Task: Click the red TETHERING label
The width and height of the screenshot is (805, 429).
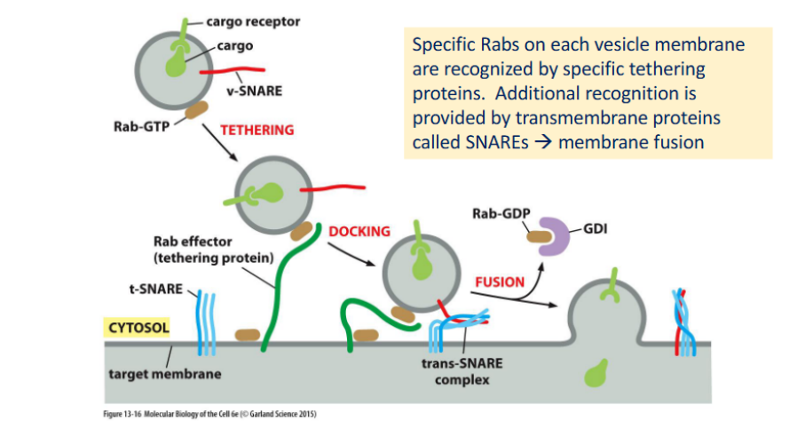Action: click(x=257, y=130)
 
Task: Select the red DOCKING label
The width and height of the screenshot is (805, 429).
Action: click(x=359, y=232)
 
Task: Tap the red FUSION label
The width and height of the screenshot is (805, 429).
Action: click(x=500, y=282)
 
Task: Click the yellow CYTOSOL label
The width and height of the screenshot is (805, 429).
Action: click(x=138, y=327)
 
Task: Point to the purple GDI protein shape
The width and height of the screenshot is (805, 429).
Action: click(x=555, y=236)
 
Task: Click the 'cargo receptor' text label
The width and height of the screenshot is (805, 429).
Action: click(x=253, y=22)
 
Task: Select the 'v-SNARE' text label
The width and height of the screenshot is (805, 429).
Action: click(x=255, y=91)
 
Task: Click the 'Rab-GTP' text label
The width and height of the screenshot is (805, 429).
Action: click(x=142, y=126)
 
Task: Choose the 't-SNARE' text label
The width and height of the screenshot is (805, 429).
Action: click(x=156, y=290)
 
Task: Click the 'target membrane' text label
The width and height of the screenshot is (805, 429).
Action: click(x=165, y=374)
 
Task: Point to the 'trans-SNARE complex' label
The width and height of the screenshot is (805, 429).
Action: click(x=462, y=371)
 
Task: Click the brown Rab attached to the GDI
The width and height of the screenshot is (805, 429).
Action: click(x=539, y=237)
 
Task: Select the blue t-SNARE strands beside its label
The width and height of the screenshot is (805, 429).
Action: click(x=207, y=323)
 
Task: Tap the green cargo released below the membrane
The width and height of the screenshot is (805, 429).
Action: click(x=596, y=372)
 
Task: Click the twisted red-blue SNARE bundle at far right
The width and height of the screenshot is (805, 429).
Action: click(x=684, y=322)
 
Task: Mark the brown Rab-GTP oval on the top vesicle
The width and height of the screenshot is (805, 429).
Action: click(x=196, y=110)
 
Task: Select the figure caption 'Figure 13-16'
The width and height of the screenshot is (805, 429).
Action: click(x=122, y=414)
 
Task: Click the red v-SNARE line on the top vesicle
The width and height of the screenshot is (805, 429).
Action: click(x=233, y=70)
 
